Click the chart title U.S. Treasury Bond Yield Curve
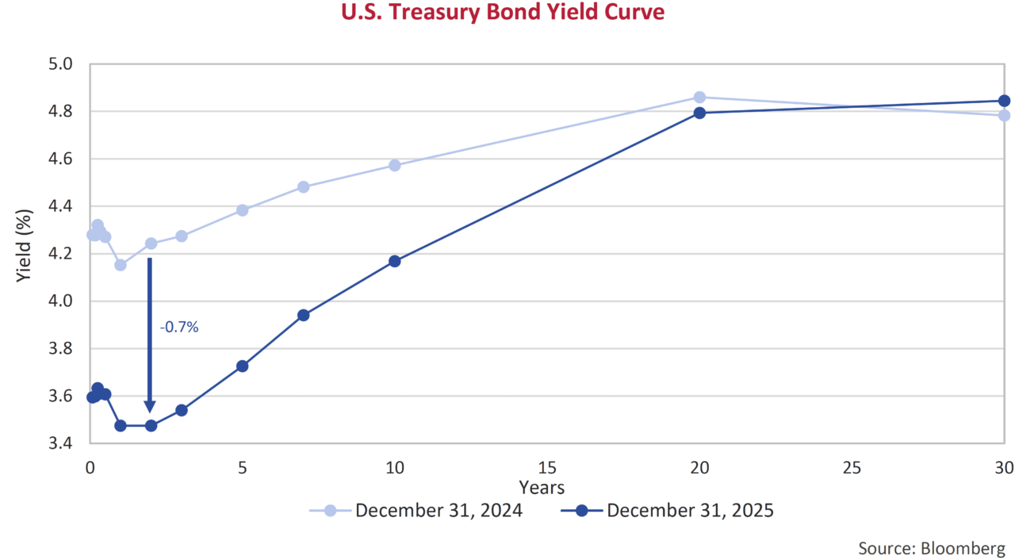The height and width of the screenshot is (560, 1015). tap(503, 13)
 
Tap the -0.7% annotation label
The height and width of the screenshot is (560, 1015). tap(178, 326)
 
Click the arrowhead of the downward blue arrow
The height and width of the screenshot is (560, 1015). tap(150, 405)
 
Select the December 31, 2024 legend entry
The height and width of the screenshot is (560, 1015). tap(416, 510)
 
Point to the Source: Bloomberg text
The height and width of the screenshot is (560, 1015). tap(931, 548)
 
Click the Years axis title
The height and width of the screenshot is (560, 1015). tap(542, 486)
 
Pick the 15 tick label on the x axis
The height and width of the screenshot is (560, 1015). tap(547, 468)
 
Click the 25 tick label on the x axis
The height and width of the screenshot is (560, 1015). tap(852, 468)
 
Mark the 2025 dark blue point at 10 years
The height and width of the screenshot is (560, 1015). tap(395, 261)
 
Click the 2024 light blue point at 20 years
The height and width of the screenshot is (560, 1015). tap(699, 98)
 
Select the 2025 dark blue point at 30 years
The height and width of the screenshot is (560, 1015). tap(1004, 101)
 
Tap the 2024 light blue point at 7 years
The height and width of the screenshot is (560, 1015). tap(303, 187)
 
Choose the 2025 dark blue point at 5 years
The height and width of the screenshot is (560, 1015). tap(243, 366)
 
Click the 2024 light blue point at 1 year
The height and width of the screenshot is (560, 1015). tap(121, 265)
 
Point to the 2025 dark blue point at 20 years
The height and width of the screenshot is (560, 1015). tap(699, 113)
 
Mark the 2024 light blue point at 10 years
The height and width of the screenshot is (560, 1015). tap(395, 165)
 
